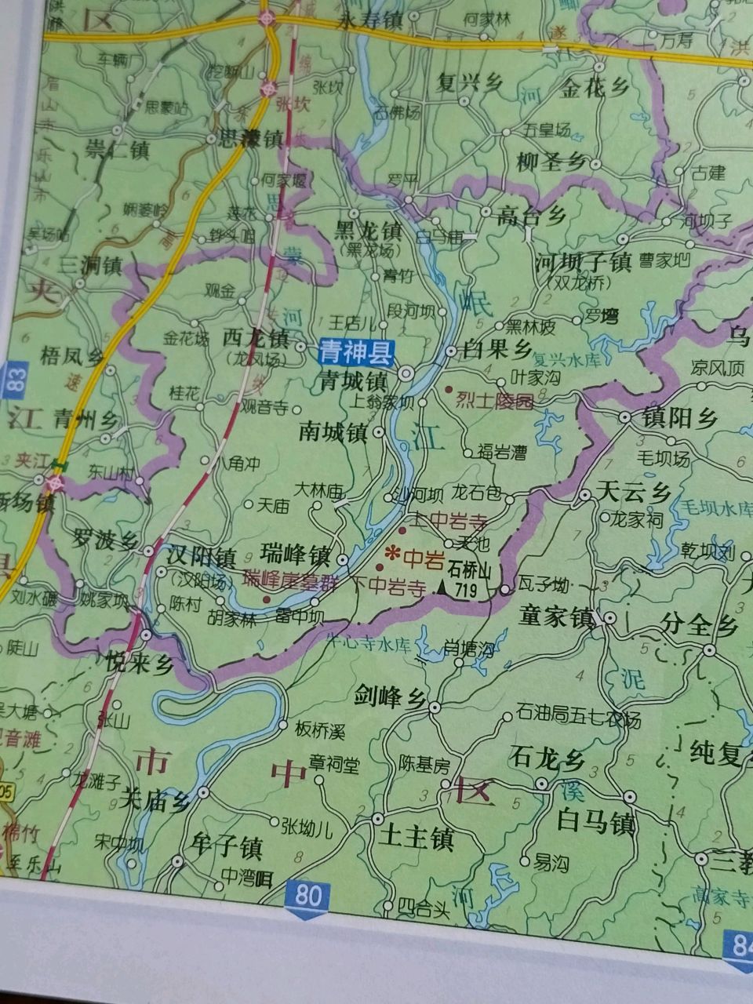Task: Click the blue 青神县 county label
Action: coord(355,353)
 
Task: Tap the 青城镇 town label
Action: coord(353,382)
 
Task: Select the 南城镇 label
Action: coord(333,432)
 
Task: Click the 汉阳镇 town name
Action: coord(202,557)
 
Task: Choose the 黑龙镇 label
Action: coord(368,232)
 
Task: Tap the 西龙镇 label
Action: coord(256,339)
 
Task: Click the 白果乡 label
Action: coord(499,349)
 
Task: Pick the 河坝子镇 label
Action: coord(583,262)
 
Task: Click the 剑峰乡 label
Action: coord(390,695)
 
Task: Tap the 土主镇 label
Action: coord(416,840)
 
